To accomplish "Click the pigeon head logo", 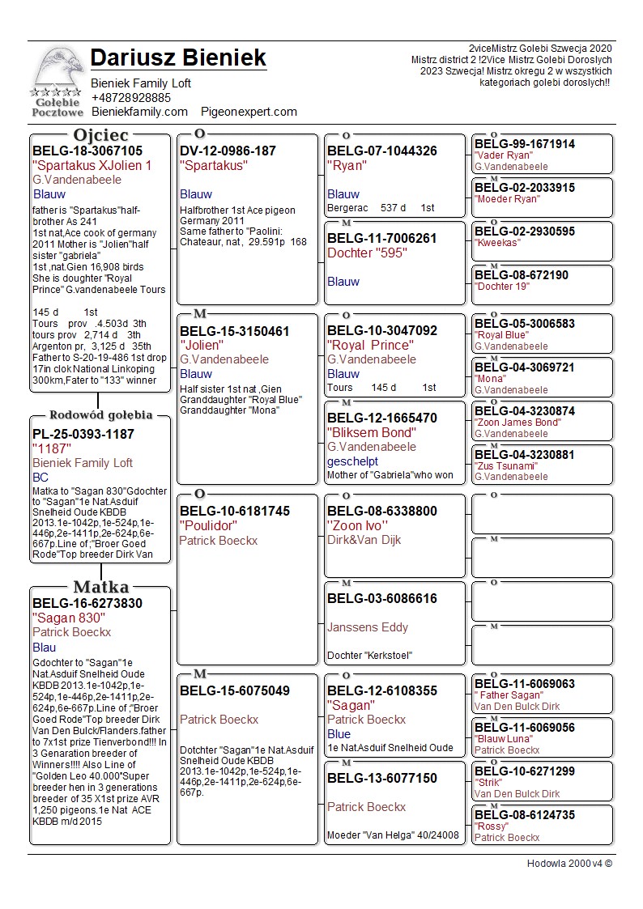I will coord(57,73).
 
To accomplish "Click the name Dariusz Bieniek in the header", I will coord(178,58).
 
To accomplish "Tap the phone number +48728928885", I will coord(130,98).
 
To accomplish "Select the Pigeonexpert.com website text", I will coord(249,112).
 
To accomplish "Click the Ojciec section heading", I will coord(100,135).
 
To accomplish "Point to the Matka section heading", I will coord(100,587).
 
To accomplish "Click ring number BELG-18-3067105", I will coord(87,151).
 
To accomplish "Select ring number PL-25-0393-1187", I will coord(83,434).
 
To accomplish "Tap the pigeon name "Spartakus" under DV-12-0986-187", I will coord(214,165).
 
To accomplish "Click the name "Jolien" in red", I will coord(202,346).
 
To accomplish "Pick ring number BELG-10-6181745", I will coord(235,511).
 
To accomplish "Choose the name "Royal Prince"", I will coord(370,346).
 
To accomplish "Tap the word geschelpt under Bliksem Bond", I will coord(352,461).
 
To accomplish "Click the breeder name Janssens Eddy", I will coord(368,627).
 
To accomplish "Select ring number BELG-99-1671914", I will coord(524,144).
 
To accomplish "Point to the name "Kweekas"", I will coord(497,243).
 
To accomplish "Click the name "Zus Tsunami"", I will coord(505,466).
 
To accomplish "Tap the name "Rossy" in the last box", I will coord(492,826).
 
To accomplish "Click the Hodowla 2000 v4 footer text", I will coord(569,864).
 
